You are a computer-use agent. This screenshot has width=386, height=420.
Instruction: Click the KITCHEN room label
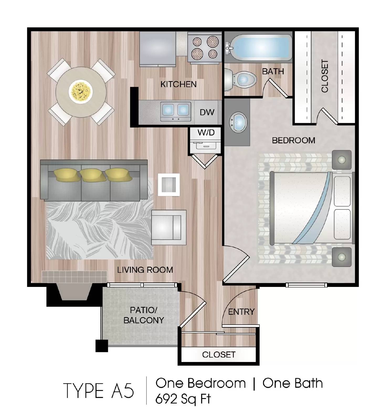178,84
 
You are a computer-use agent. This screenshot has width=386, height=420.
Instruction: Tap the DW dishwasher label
207,112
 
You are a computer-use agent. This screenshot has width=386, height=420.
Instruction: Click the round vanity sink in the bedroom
238,122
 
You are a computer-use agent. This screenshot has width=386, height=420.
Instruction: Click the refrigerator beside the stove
157,49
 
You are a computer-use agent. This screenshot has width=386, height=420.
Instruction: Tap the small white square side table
169,185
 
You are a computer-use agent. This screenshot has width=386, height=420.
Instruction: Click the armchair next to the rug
169,227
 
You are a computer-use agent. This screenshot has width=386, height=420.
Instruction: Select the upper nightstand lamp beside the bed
341,160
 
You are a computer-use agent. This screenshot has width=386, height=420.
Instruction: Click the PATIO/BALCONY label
144,315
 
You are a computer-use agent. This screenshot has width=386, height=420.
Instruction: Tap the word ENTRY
241,312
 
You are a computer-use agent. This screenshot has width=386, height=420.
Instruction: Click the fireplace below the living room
74,291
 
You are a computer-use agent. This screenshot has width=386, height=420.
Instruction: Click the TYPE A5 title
99,391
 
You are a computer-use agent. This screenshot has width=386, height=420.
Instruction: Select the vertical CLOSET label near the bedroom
325,76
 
